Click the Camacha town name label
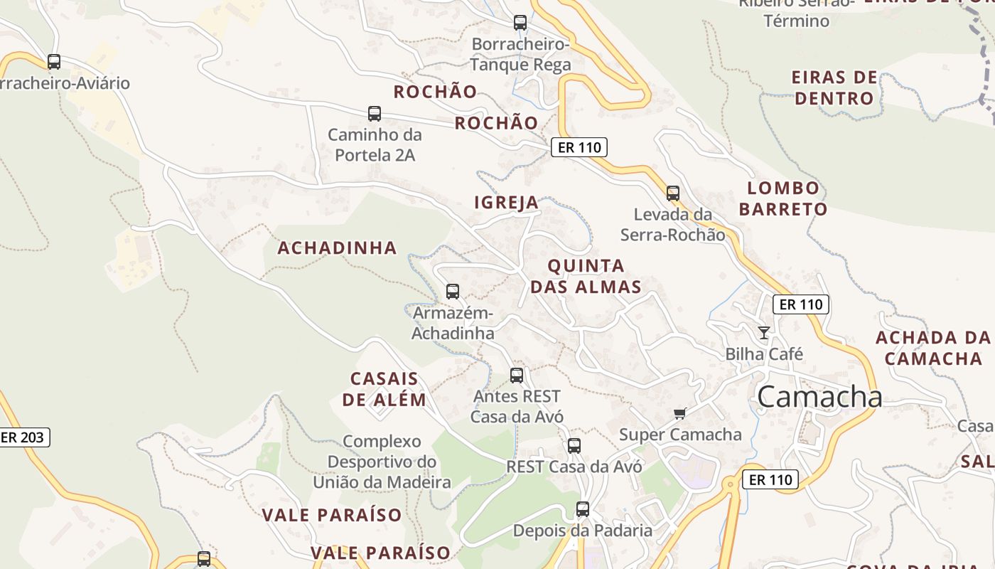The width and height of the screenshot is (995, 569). (x=819, y=397)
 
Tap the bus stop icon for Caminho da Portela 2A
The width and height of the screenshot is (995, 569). (x=375, y=114)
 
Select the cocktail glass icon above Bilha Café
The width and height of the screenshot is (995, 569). (x=764, y=332)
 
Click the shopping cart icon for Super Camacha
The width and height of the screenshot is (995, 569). (x=680, y=413)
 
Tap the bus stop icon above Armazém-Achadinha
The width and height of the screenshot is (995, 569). (x=453, y=291)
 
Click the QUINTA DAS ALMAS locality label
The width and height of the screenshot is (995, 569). (x=586, y=276)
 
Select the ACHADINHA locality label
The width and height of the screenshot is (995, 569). (x=337, y=248)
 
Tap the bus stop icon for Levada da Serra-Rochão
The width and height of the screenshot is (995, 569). (x=673, y=193)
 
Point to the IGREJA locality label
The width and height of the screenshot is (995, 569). (x=506, y=203)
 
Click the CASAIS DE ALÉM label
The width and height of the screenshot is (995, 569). (x=384, y=389)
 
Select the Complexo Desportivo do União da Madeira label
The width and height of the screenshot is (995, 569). (x=382, y=462)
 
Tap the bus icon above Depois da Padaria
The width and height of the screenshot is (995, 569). (x=583, y=509)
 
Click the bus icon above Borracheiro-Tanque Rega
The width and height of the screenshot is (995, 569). (x=520, y=23)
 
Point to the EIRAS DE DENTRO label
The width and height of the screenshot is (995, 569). (x=834, y=87)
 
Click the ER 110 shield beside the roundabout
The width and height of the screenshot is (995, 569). (x=770, y=479)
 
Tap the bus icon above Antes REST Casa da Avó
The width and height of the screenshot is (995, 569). (x=517, y=376)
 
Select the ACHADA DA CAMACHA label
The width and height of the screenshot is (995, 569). (x=932, y=347)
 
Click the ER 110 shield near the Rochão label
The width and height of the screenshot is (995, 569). (x=579, y=148)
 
